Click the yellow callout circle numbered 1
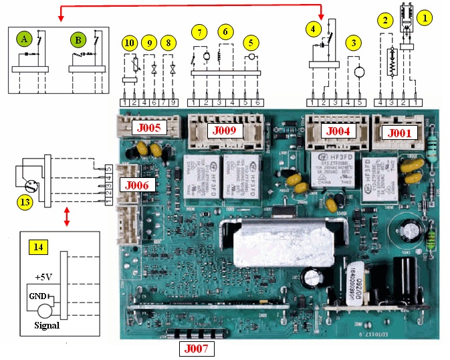point(423,17)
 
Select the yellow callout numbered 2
point(384,21)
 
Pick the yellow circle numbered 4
point(314,28)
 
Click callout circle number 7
point(199,31)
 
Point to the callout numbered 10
point(130,44)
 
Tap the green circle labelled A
point(24,40)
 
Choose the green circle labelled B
point(76,40)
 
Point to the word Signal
point(46,326)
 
